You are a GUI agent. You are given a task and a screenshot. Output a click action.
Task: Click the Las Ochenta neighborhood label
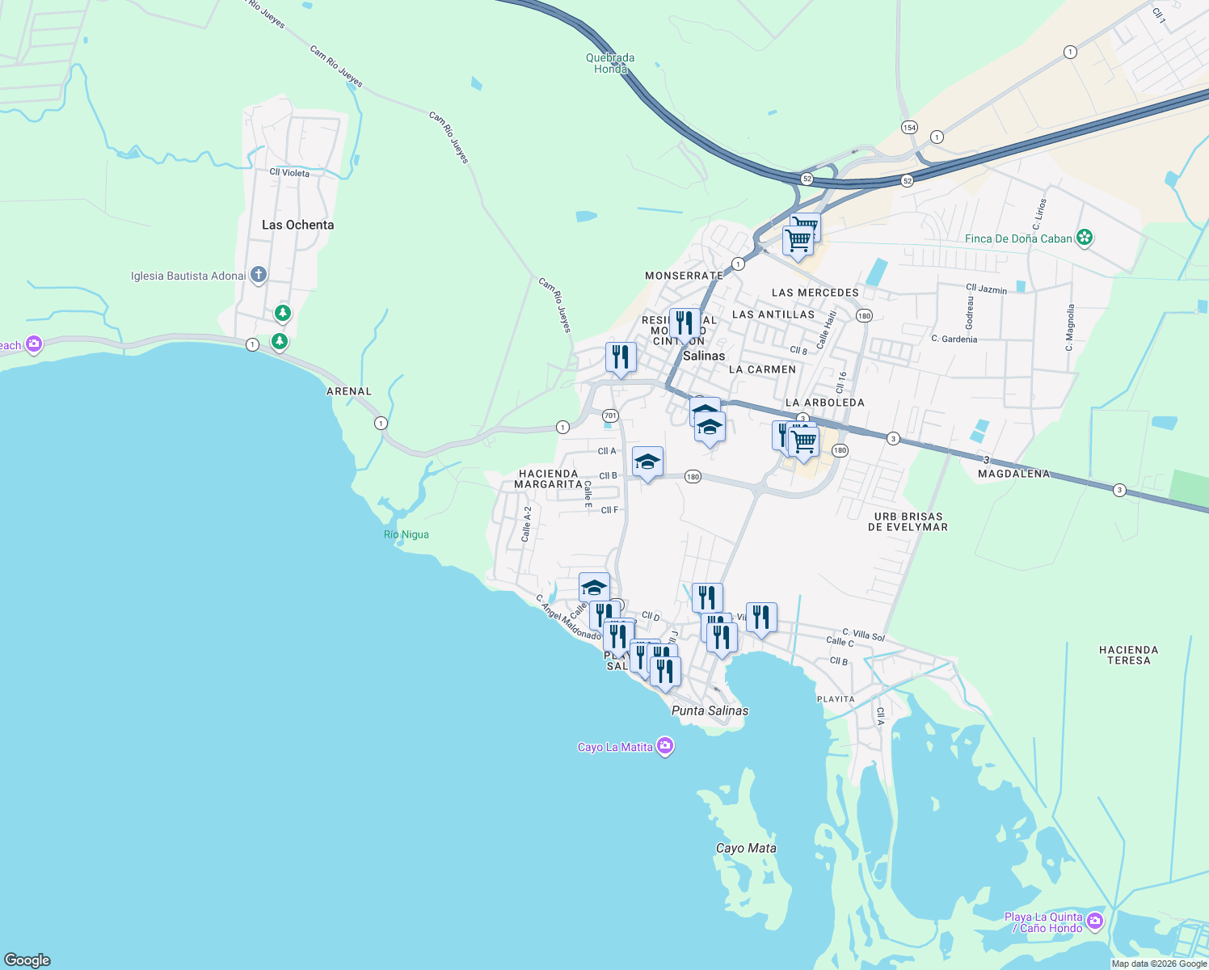click(297, 225)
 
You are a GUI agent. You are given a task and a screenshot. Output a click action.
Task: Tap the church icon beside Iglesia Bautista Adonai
click(259, 275)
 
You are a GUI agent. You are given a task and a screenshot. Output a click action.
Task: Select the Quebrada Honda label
click(610, 63)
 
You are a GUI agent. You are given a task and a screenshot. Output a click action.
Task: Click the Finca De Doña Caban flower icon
click(1085, 238)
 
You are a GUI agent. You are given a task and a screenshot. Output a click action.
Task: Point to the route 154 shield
click(909, 127)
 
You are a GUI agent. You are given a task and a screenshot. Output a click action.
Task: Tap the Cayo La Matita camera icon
click(665, 746)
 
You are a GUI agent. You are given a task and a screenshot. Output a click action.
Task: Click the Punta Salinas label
click(710, 711)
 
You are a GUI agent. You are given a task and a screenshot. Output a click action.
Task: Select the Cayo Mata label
click(746, 848)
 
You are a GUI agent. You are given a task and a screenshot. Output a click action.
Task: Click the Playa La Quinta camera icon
click(1095, 921)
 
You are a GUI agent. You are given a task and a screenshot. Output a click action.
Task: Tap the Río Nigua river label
click(407, 534)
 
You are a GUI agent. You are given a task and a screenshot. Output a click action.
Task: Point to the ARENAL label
click(349, 391)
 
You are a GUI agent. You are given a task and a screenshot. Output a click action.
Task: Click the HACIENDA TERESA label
click(1128, 655)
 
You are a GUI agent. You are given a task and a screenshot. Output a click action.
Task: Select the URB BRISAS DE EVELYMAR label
click(908, 521)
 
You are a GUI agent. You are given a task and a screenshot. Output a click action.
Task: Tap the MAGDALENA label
click(1013, 474)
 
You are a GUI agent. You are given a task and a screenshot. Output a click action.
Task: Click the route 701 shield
click(610, 415)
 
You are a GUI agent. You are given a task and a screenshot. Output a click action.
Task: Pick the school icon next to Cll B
click(647, 462)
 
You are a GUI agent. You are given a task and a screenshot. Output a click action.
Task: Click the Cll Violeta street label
click(289, 172)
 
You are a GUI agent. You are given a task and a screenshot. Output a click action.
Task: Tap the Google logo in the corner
click(27, 960)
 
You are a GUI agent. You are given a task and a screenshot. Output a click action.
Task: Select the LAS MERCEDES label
click(815, 293)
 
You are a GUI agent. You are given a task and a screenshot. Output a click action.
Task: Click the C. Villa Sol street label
click(863, 635)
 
